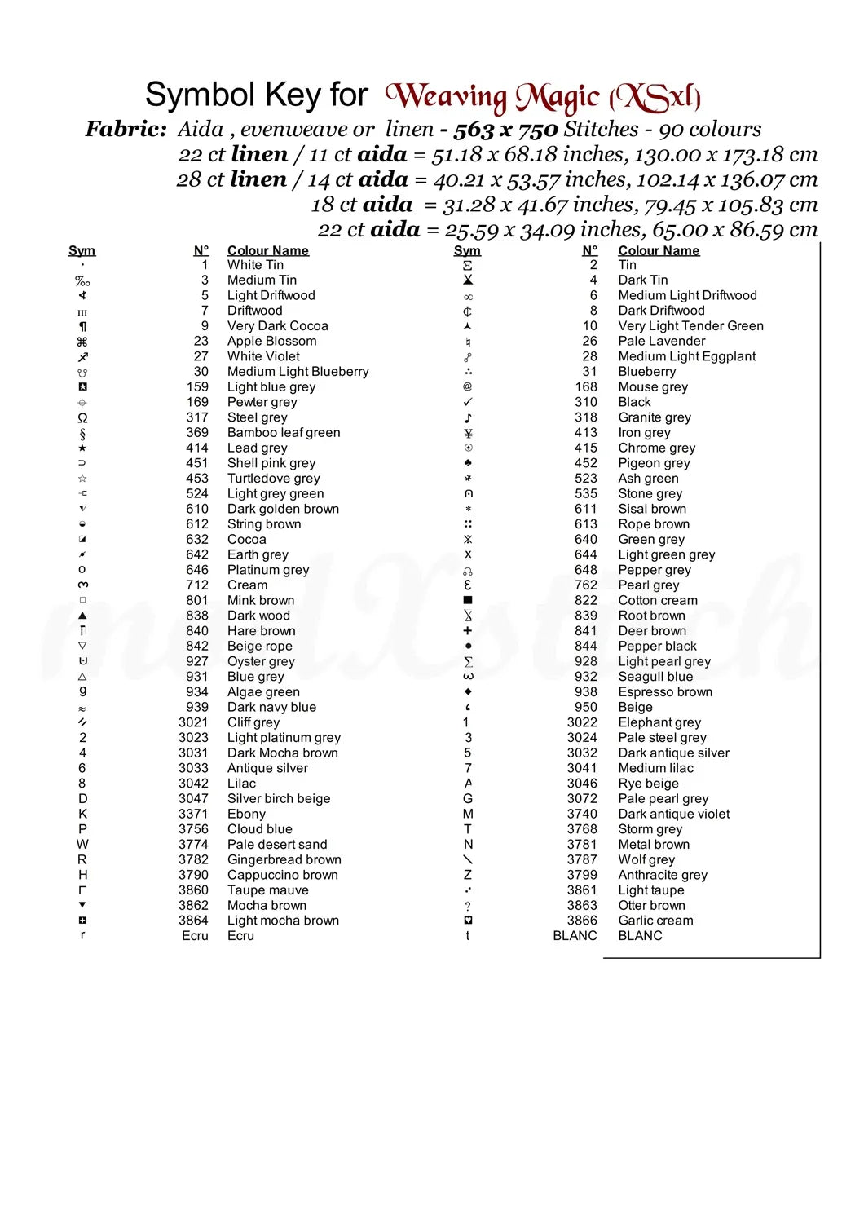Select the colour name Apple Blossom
tap(271, 341)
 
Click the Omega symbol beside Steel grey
tap(82, 417)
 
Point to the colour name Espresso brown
tap(665, 692)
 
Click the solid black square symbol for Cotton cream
tap(468, 600)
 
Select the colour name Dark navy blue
tap(271, 707)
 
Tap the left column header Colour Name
tap(267, 250)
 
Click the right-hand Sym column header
tap(467, 250)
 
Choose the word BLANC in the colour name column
tap(640, 936)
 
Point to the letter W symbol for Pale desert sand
tap(82, 845)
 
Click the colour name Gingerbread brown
tap(284, 859)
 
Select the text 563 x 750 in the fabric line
tap(505, 130)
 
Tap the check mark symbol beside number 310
tap(468, 402)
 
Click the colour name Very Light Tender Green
tap(690, 325)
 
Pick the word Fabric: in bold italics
tap(126, 130)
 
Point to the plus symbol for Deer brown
tap(468, 631)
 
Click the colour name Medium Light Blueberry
tap(298, 371)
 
